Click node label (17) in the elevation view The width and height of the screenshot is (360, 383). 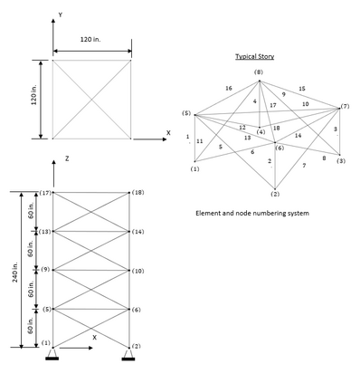pos(45,193)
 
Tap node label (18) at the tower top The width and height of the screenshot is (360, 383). pos(137,193)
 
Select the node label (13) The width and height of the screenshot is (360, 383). pos(45,232)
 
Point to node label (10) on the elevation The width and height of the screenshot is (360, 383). pos(137,271)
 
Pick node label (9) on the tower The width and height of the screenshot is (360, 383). pos(45,270)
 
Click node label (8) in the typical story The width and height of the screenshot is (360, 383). pos(259,72)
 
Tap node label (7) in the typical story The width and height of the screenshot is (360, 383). pos(345,106)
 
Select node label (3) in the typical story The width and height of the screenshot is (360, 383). pos(341,161)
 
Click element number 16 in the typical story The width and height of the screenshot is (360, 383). pos(229,88)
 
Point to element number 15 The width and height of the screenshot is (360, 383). pos(302,89)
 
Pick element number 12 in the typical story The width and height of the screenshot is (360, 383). pos(242,128)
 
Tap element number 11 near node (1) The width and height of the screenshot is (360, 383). pos(200,141)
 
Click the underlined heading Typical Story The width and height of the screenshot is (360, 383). pos(255,56)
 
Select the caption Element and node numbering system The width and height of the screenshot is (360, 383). pos(252,213)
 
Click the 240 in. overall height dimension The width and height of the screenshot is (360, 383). pos(15,272)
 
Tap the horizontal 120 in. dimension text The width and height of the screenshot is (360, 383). pos(90,39)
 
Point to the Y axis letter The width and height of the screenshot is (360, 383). pos(61,14)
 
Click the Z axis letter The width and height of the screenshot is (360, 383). pos(67,158)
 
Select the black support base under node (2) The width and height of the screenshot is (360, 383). pos(128,359)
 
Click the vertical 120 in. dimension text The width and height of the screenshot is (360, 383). pos(34,94)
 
